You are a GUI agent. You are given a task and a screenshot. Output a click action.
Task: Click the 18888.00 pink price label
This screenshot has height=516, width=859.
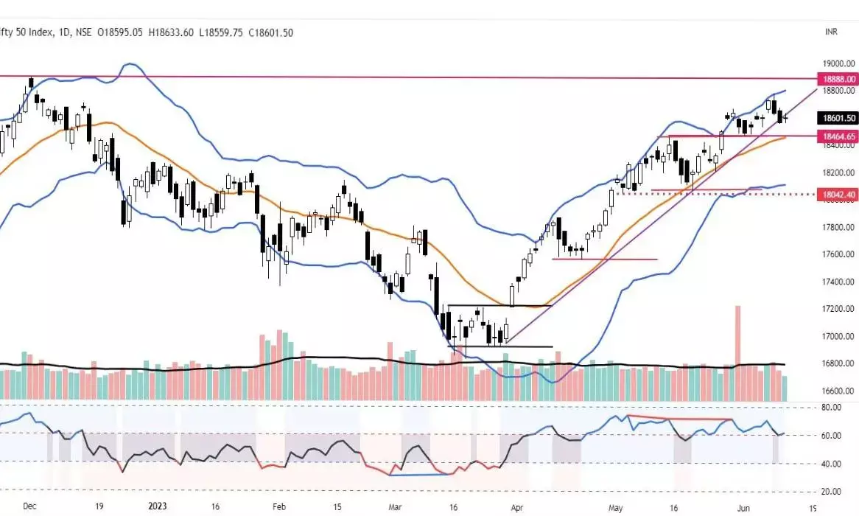click(839, 78)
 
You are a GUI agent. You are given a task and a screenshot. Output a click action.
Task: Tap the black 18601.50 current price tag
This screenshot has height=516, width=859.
click(839, 118)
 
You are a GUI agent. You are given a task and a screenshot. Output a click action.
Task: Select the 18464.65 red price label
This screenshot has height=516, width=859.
click(839, 136)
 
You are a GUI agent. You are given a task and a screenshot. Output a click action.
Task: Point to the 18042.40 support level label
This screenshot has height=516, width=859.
click(839, 194)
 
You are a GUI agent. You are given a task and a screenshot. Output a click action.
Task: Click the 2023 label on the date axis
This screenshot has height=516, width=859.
click(160, 506)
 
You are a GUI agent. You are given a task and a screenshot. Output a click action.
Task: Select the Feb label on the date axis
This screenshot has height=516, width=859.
click(278, 506)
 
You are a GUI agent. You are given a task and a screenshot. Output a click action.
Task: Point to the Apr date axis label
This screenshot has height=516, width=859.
click(519, 506)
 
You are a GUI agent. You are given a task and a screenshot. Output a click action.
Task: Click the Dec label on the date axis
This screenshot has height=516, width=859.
click(29, 506)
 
